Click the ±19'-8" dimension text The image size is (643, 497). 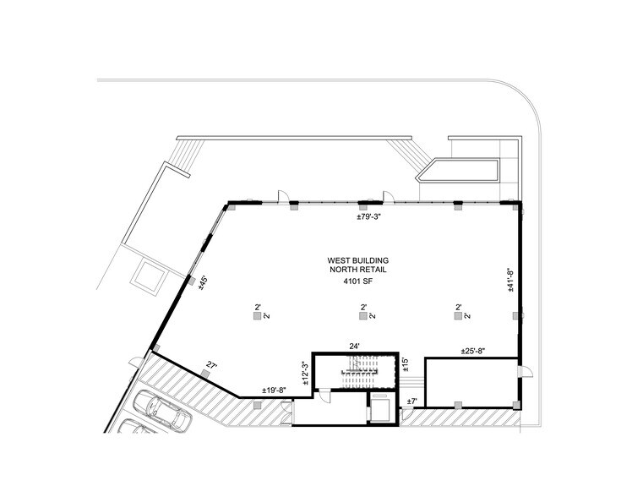tap(275, 390)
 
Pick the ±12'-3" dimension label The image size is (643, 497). tap(305, 372)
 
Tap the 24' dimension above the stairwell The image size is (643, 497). tap(355, 346)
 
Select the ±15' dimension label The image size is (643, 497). tap(406, 363)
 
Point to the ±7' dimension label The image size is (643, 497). tap(411, 401)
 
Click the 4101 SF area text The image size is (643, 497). tap(357, 281)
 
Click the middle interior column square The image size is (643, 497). tap(362, 316)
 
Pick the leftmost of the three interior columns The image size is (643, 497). tap(256, 316)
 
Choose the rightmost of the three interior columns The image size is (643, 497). tap(457, 316)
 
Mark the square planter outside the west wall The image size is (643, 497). tap(147, 277)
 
